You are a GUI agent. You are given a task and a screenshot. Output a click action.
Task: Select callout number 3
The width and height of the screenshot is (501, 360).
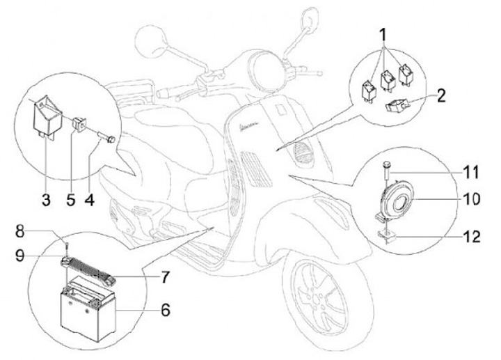coord(45,201)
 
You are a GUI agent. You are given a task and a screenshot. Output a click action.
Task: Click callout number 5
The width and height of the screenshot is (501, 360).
coord(70,201)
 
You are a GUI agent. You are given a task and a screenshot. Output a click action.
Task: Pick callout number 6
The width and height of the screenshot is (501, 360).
coord(165,308)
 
